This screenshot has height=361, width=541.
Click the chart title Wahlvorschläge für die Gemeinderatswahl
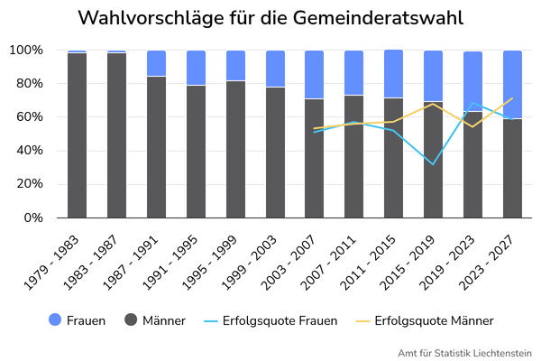click(270, 18)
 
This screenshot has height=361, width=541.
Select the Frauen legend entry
click(77, 320)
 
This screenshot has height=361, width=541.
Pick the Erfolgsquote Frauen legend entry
click(270, 320)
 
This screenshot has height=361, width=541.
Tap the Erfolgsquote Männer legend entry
click(424, 320)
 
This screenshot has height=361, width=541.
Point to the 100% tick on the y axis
click(27, 51)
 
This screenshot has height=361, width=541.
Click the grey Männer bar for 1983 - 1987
click(116, 135)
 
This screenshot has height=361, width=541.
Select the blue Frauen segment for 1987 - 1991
click(156, 63)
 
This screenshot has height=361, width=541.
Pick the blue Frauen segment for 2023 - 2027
click(512, 85)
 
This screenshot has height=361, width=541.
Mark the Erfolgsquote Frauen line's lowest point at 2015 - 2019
click(433, 164)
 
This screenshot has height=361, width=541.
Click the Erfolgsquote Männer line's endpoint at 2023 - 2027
click(512, 98)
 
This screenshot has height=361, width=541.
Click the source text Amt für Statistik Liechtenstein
click(464, 352)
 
